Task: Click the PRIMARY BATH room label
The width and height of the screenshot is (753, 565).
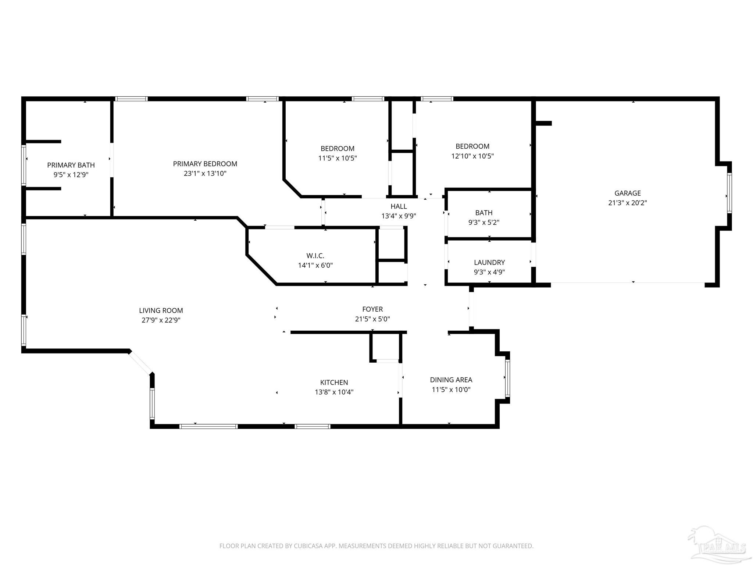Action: (71, 165)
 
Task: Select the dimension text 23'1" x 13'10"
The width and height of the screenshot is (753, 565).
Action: (205, 173)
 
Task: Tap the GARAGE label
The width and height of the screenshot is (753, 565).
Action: (627, 193)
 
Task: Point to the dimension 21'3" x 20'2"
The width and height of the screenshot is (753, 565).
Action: (627, 203)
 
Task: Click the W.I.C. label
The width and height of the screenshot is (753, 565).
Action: (315, 256)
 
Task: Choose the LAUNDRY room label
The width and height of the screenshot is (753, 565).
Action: (489, 262)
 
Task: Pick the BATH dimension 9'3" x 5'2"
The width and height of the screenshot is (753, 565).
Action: (483, 222)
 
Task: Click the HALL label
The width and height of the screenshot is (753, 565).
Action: (399, 206)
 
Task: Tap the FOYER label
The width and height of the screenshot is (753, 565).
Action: (372, 309)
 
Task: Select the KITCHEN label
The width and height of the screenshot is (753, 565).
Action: (334, 383)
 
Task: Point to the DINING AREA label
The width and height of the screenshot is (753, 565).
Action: (451, 380)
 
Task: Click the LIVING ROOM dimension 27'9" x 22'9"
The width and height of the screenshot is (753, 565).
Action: (161, 320)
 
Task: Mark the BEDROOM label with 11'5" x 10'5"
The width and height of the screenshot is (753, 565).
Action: (337, 149)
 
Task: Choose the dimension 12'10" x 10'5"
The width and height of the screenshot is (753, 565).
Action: (472, 156)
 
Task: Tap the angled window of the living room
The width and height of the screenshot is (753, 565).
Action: (140, 363)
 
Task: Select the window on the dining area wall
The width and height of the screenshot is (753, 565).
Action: (507, 378)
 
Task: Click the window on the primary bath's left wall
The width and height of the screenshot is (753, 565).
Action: (24, 165)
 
